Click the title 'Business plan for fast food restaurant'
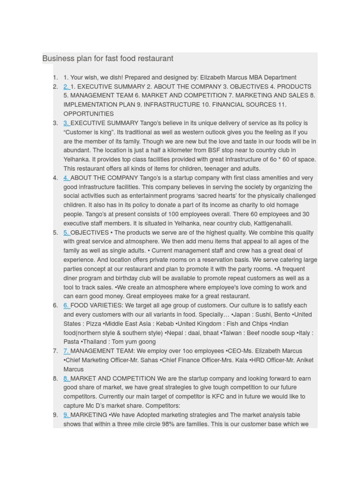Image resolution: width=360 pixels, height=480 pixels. click(x=108, y=59)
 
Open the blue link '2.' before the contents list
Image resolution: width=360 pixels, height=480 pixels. click(x=66, y=87)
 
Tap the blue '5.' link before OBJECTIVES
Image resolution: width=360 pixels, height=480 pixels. click(x=66, y=232)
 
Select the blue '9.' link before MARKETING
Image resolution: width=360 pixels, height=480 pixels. click(x=66, y=415)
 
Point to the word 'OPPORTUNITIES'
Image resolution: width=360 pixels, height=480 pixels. click(x=89, y=114)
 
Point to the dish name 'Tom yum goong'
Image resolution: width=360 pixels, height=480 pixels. click(x=134, y=342)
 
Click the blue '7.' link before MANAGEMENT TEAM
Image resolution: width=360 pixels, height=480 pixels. click(x=66, y=351)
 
